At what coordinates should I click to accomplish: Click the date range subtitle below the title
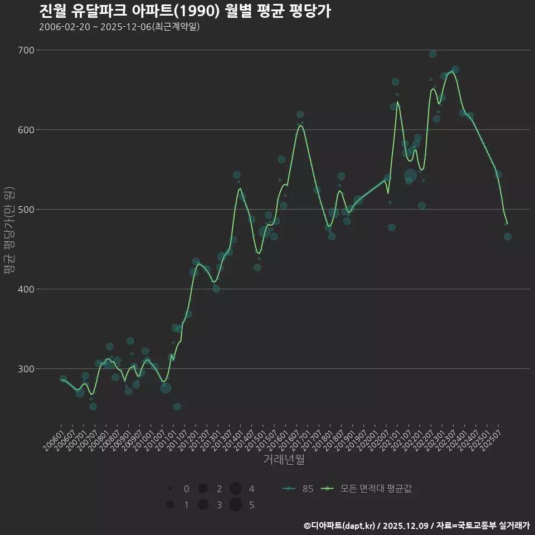pyautogui.click(x=119, y=27)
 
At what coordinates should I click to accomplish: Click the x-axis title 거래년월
pyautogui.click(x=284, y=460)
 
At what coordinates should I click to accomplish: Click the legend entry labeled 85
pyautogui.click(x=298, y=489)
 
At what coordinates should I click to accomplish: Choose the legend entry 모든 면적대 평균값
pyautogui.click(x=368, y=489)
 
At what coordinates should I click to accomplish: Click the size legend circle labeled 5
pyautogui.click(x=236, y=505)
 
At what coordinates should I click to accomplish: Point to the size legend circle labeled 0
pyautogui.click(x=170, y=489)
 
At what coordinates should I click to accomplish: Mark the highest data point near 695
pyautogui.click(x=432, y=54)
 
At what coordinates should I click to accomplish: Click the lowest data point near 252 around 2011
pyautogui.click(x=177, y=407)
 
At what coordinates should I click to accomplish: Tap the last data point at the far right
pyautogui.click(x=507, y=237)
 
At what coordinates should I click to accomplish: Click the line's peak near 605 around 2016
pyautogui.click(x=300, y=125)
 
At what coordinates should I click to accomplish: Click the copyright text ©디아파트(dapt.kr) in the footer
pyautogui.click(x=340, y=526)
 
